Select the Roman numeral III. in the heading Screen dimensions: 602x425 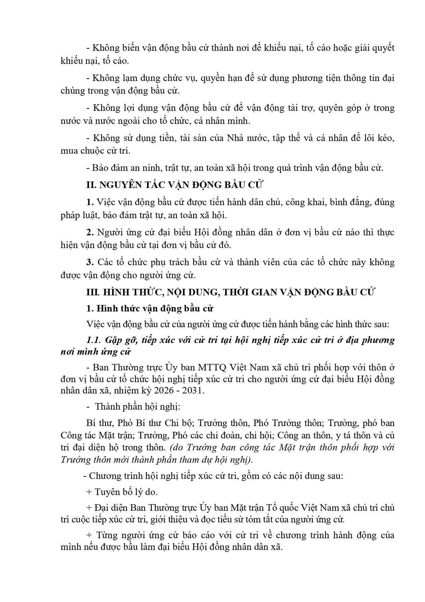click(x=93, y=292)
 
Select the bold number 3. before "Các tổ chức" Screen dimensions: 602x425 click(x=90, y=262)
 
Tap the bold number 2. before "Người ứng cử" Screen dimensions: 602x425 click(x=90, y=232)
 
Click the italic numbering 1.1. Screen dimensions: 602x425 click(x=93, y=340)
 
